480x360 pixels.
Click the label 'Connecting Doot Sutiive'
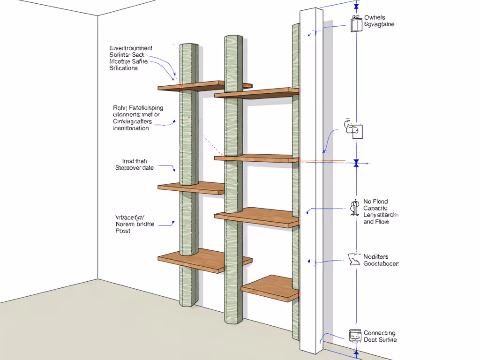pyautogui.click(x=380, y=336)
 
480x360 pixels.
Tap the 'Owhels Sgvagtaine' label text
pyautogui.click(x=379, y=21)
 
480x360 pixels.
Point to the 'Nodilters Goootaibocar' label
pyautogui.click(x=381, y=260)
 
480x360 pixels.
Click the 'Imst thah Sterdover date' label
pyautogui.click(x=135, y=165)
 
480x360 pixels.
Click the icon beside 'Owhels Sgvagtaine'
pyautogui.click(x=356, y=23)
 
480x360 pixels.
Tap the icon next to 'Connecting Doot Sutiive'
pyautogui.click(x=355, y=335)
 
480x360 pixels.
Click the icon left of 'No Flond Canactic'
pyautogui.click(x=354, y=209)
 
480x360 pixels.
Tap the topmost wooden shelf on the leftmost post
pyautogui.click(x=192, y=86)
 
